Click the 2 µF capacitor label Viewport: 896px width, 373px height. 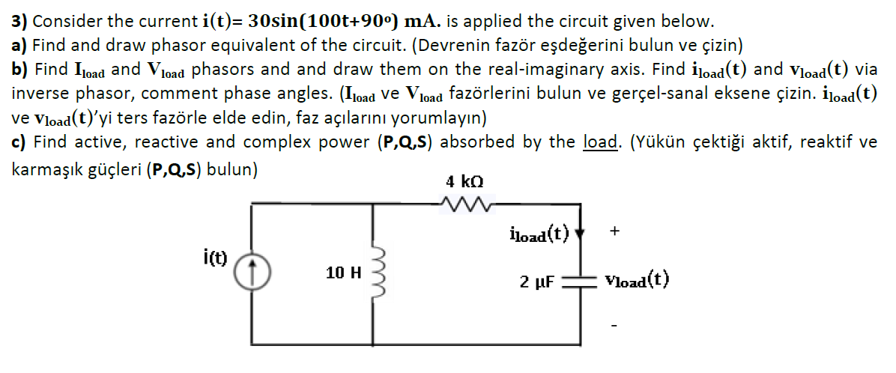536,282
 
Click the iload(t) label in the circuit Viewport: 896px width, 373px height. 539,233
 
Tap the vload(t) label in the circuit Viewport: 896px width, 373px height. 637,281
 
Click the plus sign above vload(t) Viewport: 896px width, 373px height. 614,232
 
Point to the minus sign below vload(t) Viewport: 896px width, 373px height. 614,325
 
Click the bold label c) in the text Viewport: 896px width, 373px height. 19,142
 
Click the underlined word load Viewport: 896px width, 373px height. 597,142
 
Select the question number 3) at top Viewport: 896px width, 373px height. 20,20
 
